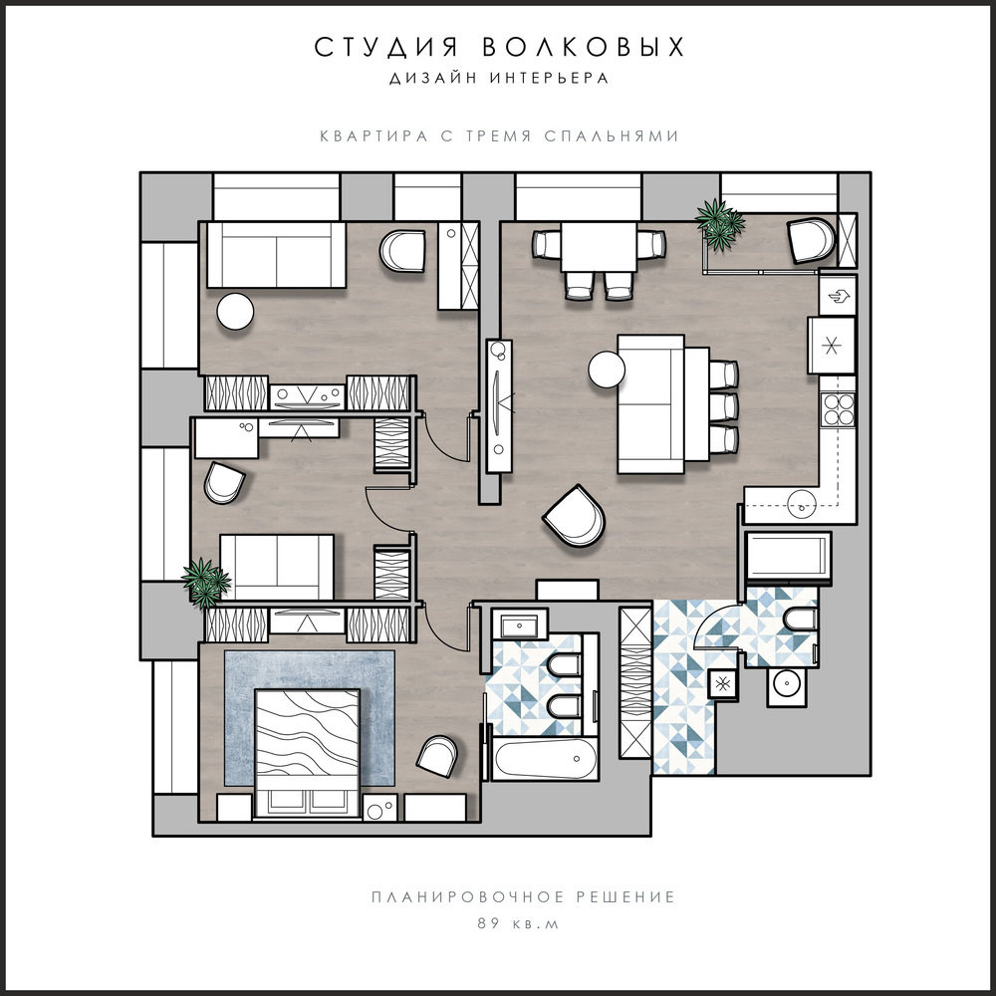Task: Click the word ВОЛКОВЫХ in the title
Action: (x=583, y=47)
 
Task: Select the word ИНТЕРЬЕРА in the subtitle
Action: (x=550, y=78)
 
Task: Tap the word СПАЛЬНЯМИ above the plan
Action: (x=612, y=135)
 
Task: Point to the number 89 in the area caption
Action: (x=488, y=923)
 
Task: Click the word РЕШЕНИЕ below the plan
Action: (x=625, y=897)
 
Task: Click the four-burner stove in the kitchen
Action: (x=839, y=409)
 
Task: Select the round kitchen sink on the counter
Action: (x=802, y=505)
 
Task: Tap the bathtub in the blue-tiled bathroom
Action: (x=546, y=758)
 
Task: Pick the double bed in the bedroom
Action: (x=308, y=753)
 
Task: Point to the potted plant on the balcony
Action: (x=720, y=223)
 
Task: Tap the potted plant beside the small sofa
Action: (x=205, y=583)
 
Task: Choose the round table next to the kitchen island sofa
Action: (x=607, y=370)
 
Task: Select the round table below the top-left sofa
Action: (x=235, y=311)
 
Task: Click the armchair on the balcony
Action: (x=811, y=240)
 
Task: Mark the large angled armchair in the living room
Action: (x=575, y=517)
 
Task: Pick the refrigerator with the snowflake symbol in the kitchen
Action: (x=832, y=346)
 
